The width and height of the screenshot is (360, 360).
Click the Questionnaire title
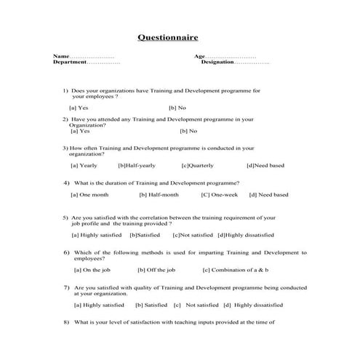pyautogui.click(x=167, y=38)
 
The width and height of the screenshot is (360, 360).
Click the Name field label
pyautogui.click(x=60, y=56)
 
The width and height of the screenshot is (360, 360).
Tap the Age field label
pyautogui.click(x=199, y=56)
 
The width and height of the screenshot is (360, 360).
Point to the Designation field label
pyautogui.click(x=217, y=63)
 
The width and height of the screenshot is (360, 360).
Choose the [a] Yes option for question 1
pyautogui.click(x=79, y=108)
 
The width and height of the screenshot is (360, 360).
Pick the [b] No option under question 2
pyautogui.click(x=188, y=132)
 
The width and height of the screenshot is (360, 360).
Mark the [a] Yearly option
pyautogui.click(x=84, y=165)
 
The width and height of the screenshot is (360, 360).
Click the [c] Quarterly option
pyautogui.click(x=197, y=165)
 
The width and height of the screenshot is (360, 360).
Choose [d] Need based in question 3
pyautogui.click(x=265, y=165)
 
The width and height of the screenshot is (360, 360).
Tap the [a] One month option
pyautogui.click(x=89, y=195)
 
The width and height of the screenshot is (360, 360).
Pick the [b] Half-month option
pyautogui.click(x=159, y=195)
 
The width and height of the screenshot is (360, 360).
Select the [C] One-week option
pyautogui.click(x=219, y=195)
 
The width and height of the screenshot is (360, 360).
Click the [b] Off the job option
pyautogui.click(x=153, y=270)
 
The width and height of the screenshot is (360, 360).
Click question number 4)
pyautogui.click(x=66, y=183)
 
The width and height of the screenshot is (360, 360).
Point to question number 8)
pyautogui.click(x=66, y=321)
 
